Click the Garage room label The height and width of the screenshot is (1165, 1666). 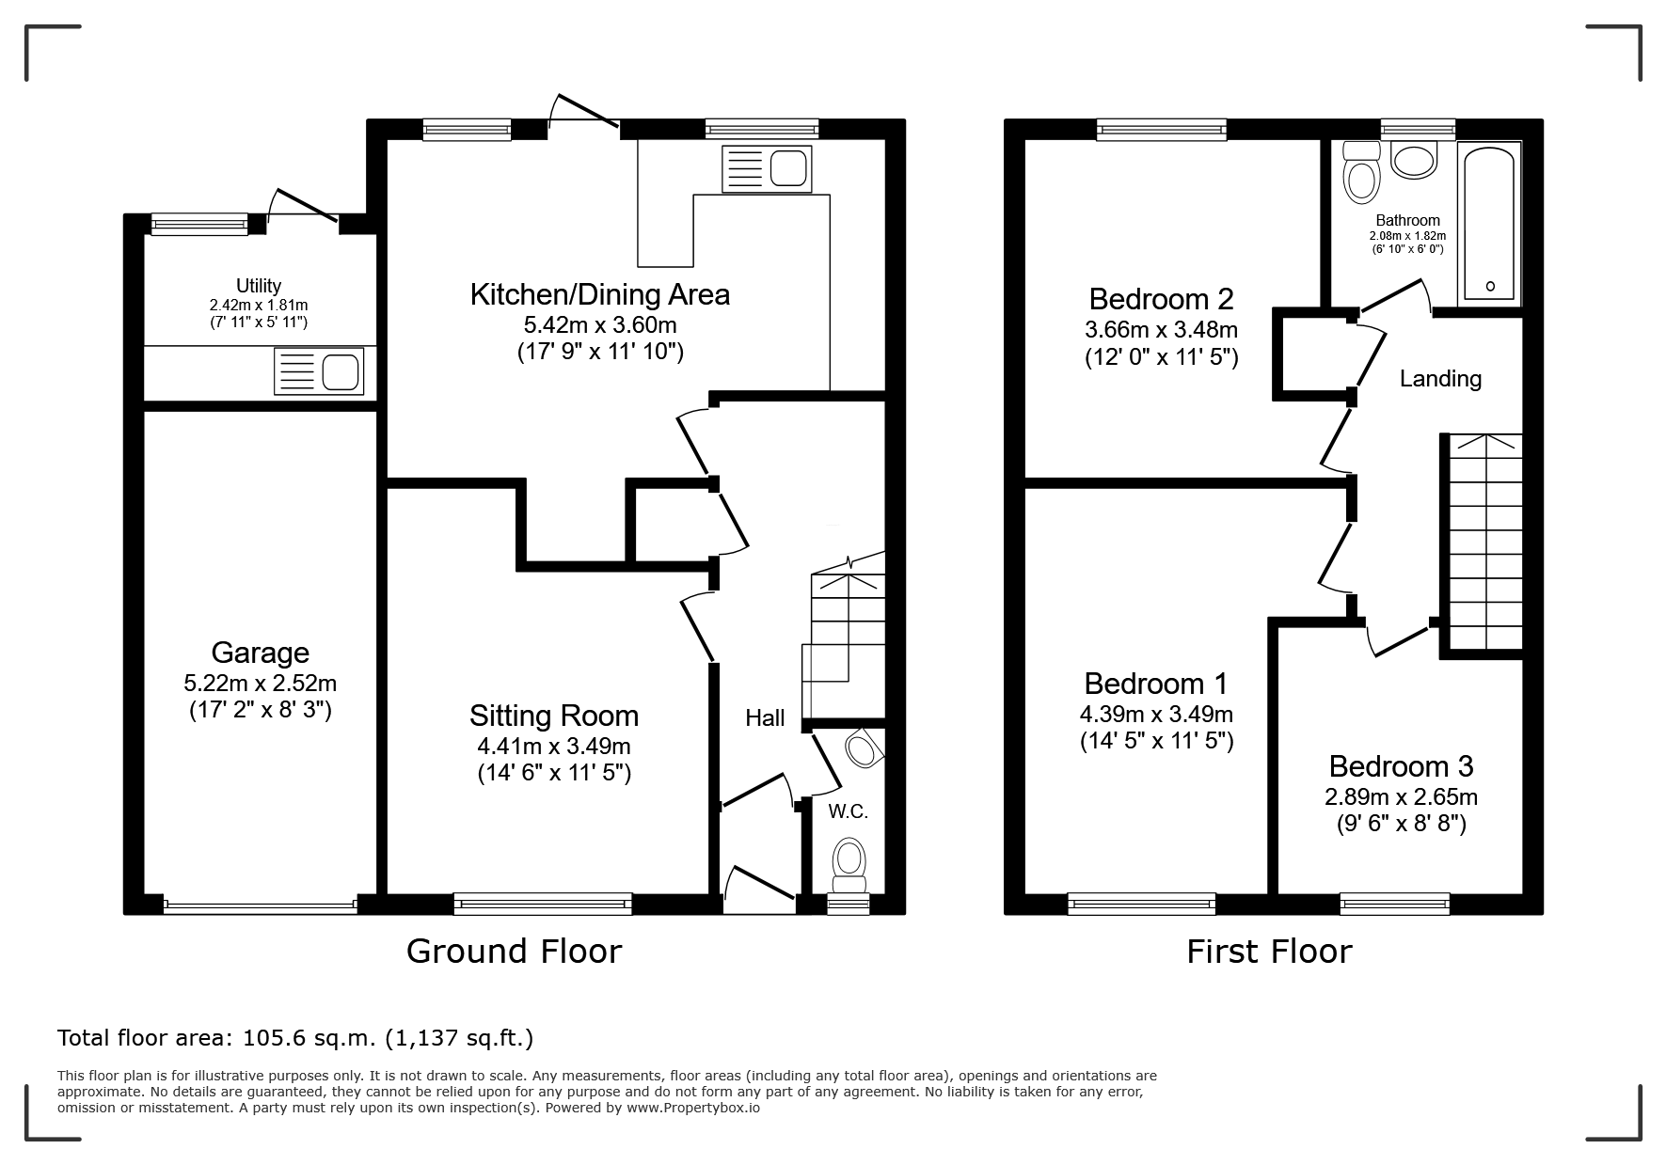coord(260,652)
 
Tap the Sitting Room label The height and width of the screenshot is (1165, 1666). coord(554,716)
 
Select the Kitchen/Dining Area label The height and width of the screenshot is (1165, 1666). coord(600,294)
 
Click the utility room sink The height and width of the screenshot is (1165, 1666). coord(318,370)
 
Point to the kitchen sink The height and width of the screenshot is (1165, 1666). coord(766,169)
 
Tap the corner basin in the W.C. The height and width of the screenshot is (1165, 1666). coord(864,749)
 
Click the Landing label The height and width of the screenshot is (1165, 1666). coord(1440,379)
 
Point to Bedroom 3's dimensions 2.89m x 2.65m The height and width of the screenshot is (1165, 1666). coord(1401,797)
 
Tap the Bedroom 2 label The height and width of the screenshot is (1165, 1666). coord(1161,299)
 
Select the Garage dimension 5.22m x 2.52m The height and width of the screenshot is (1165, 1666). coord(260,683)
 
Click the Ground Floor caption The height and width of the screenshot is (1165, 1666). coord(514,952)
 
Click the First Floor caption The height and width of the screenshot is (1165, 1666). coord(1269,952)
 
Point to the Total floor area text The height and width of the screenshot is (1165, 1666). coord(295,1038)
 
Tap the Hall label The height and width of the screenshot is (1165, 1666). coord(765,718)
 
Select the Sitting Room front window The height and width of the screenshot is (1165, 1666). coord(543,905)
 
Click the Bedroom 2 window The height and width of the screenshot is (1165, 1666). coord(1162,130)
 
